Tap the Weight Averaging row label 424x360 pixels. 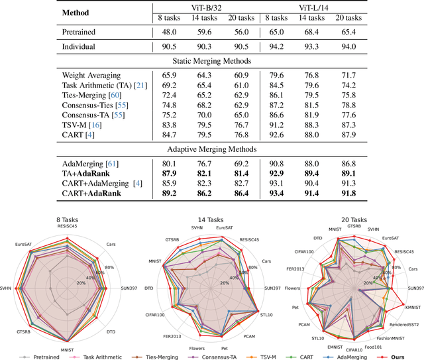pos(95,76)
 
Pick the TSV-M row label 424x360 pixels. pos(83,124)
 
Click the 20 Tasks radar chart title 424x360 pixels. pos(351,218)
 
